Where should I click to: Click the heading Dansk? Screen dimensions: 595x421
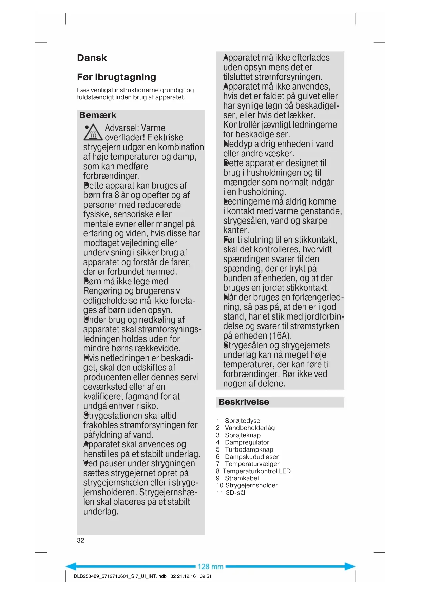point(92,58)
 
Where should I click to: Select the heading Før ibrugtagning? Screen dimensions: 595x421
point(116,77)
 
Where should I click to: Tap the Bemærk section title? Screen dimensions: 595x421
point(98,115)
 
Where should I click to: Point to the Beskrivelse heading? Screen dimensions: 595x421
point(244,402)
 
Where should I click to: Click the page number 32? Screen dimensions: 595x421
point(81,540)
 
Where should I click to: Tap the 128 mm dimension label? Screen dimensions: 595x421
point(210,567)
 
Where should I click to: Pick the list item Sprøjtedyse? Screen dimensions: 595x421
point(242,421)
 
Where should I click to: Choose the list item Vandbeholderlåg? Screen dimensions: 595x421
point(250,428)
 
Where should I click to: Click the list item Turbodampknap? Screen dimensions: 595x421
point(249,449)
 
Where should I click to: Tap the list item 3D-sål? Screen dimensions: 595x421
point(235,493)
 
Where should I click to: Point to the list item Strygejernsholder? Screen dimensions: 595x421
point(251,485)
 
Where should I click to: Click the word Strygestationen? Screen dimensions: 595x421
point(130,416)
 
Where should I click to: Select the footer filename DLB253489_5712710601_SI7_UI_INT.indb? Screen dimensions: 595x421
point(120,576)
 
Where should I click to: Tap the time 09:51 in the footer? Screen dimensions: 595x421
point(206,576)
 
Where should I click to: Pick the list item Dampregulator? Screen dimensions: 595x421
point(247,442)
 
